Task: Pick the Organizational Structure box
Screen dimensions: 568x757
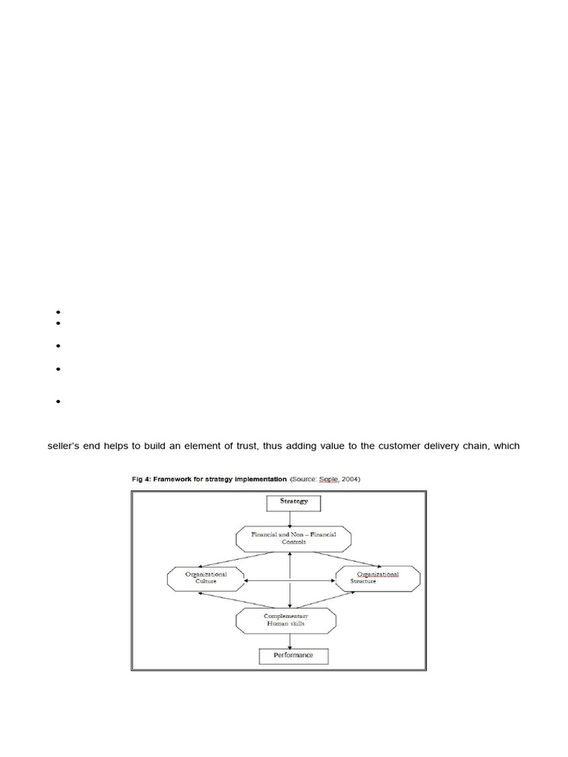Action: (x=377, y=577)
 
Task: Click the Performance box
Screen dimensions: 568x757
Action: (x=291, y=655)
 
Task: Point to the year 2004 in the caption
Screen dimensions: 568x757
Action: (x=348, y=479)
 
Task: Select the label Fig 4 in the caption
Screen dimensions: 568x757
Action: (x=141, y=479)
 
